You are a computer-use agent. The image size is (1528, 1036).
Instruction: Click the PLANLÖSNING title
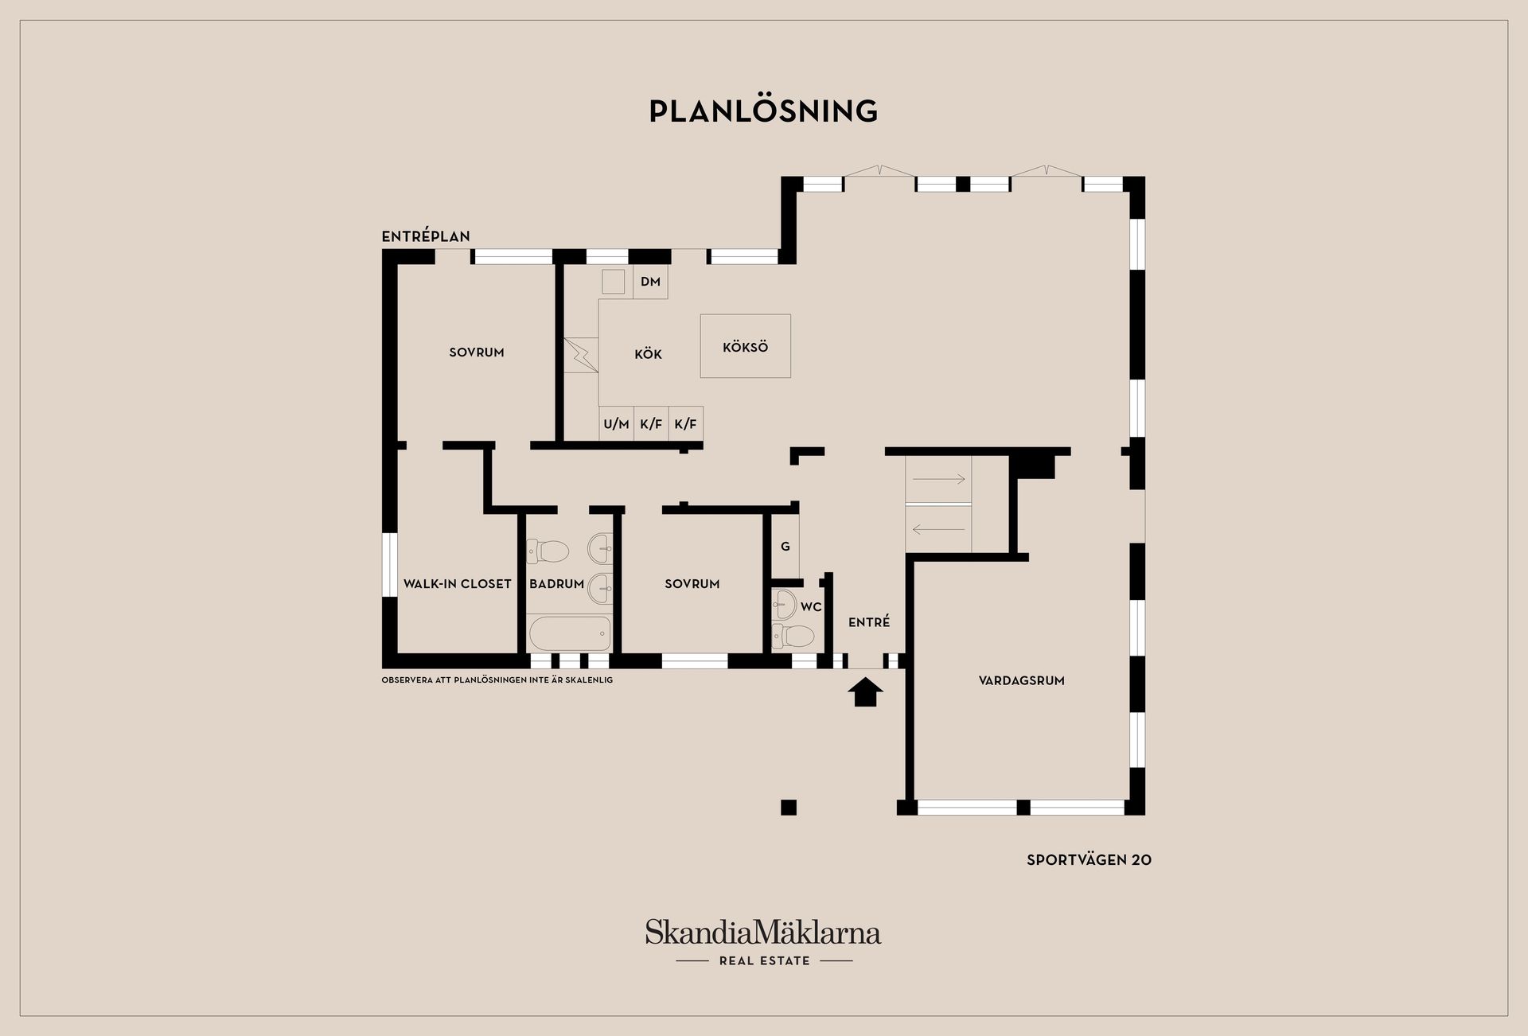point(763,111)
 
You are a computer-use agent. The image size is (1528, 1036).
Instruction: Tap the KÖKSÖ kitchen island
point(745,346)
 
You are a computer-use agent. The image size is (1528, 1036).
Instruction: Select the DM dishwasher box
point(650,282)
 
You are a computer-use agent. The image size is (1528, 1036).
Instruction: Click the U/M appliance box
point(616,424)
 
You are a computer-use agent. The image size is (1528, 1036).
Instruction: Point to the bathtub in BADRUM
point(569,633)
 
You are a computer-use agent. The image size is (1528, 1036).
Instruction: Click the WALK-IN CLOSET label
point(457,583)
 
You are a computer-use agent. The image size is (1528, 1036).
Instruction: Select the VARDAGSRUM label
point(1021,680)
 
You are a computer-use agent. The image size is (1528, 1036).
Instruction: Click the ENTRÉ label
point(869,622)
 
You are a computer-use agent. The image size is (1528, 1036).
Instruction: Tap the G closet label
point(785,547)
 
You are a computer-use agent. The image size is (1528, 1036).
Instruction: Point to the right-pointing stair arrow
point(938,479)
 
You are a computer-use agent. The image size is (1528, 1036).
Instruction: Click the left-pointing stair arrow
point(938,528)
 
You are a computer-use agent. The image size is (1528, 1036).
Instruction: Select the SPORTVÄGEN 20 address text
point(1089,859)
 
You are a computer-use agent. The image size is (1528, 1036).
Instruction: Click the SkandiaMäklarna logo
point(763,932)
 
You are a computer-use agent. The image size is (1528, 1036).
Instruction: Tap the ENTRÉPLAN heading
point(426,236)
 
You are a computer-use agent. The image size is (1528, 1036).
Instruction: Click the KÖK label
point(648,353)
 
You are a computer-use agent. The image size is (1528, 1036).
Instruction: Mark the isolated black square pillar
point(789,808)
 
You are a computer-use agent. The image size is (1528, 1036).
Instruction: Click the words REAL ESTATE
point(764,960)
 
